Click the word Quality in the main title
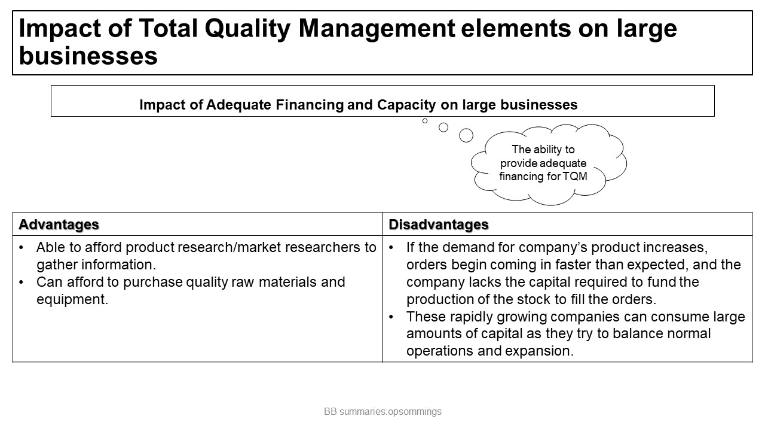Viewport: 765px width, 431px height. point(247,28)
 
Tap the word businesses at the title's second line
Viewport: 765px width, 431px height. point(88,56)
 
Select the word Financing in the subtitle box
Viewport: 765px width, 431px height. point(310,105)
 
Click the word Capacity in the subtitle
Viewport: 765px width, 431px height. point(406,105)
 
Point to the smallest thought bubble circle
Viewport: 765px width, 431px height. point(425,121)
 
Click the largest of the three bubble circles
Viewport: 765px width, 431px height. point(466,135)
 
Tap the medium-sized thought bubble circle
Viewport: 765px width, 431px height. point(443,128)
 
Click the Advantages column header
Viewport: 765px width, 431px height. point(59,224)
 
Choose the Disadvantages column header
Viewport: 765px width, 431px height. point(439,224)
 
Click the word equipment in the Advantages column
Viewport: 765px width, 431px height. point(72,300)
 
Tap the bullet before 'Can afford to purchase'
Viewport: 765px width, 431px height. point(22,282)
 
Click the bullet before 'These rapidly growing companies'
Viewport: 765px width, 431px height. point(391,317)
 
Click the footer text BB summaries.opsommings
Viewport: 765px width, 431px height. point(382,411)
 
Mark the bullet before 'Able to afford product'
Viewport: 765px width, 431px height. point(22,247)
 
